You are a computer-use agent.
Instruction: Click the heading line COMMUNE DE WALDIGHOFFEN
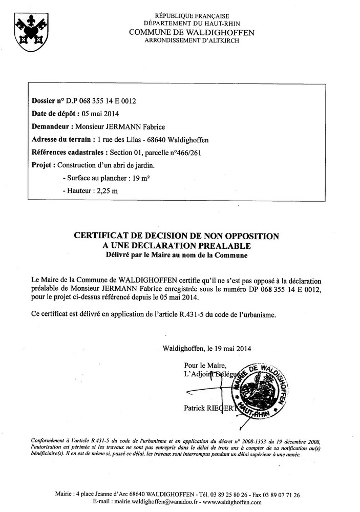(186, 32)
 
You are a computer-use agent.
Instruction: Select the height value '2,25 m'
(106, 190)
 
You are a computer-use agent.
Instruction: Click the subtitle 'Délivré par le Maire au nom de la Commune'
(176, 254)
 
